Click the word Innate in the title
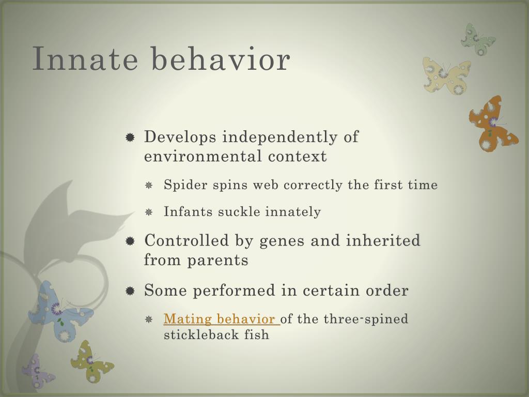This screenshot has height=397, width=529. [x=85, y=59]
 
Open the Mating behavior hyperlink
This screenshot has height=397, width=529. [x=222, y=318]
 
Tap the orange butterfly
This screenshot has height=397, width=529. [x=493, y=124]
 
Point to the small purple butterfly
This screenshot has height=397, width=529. [x=38, y=371]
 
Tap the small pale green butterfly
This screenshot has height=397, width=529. [x=478, y=39]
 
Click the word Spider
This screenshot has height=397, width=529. [x=185, y=186]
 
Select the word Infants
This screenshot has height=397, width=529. [x=188, y=211]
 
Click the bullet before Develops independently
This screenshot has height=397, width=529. [x=130, y=138]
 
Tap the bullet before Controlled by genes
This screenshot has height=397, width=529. [x=130, y=241]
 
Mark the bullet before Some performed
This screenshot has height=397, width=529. [x=130, y=291]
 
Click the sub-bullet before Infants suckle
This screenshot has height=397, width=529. [x=149, y=212]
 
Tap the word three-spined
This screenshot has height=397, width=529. [x=366, y=319]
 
